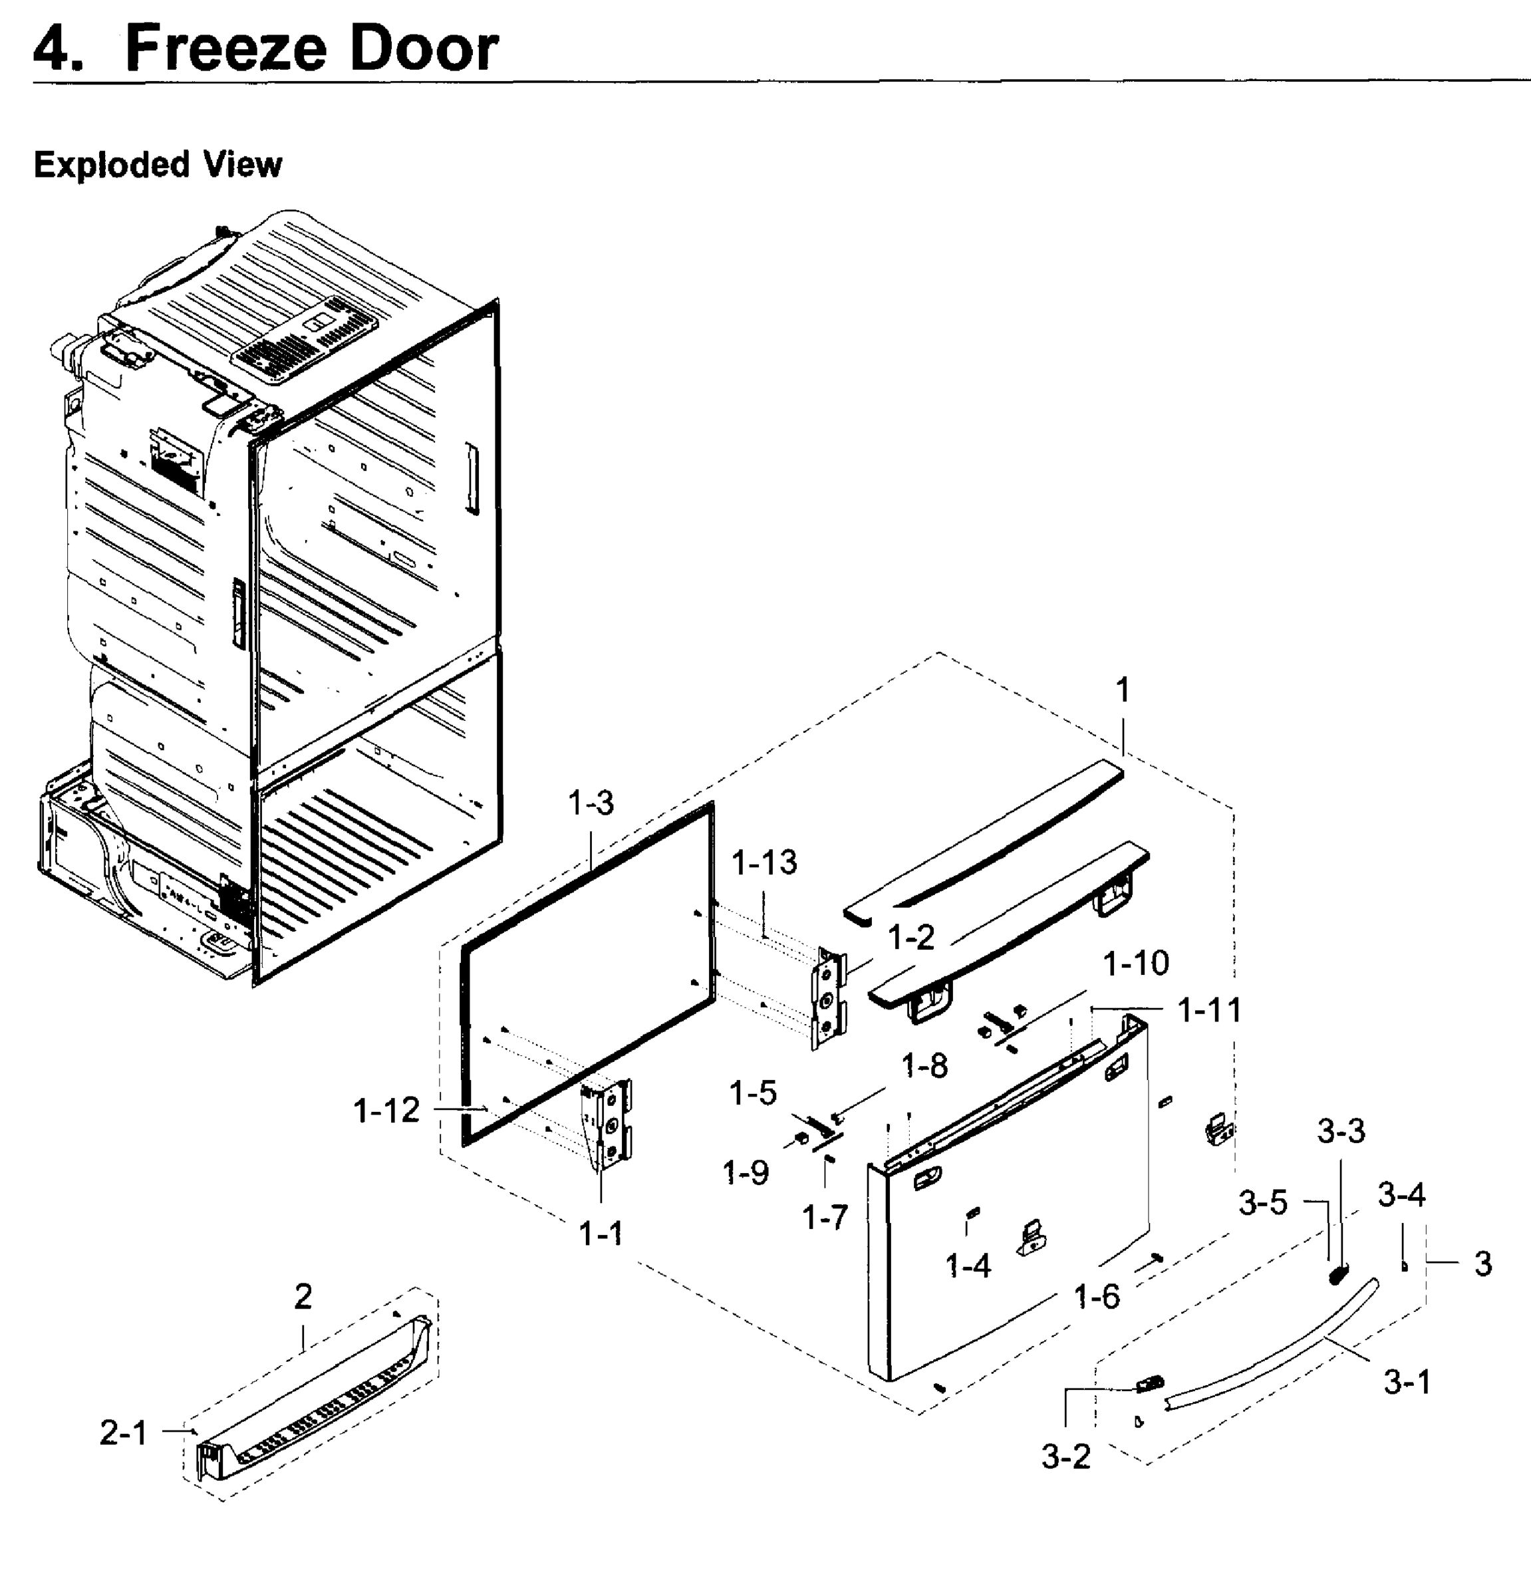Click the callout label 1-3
591,804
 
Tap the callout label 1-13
764,863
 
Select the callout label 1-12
386,1110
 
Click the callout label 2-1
123,1433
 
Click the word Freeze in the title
225,49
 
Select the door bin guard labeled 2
318,1400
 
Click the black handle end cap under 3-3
1337,1273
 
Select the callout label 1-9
745,1173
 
